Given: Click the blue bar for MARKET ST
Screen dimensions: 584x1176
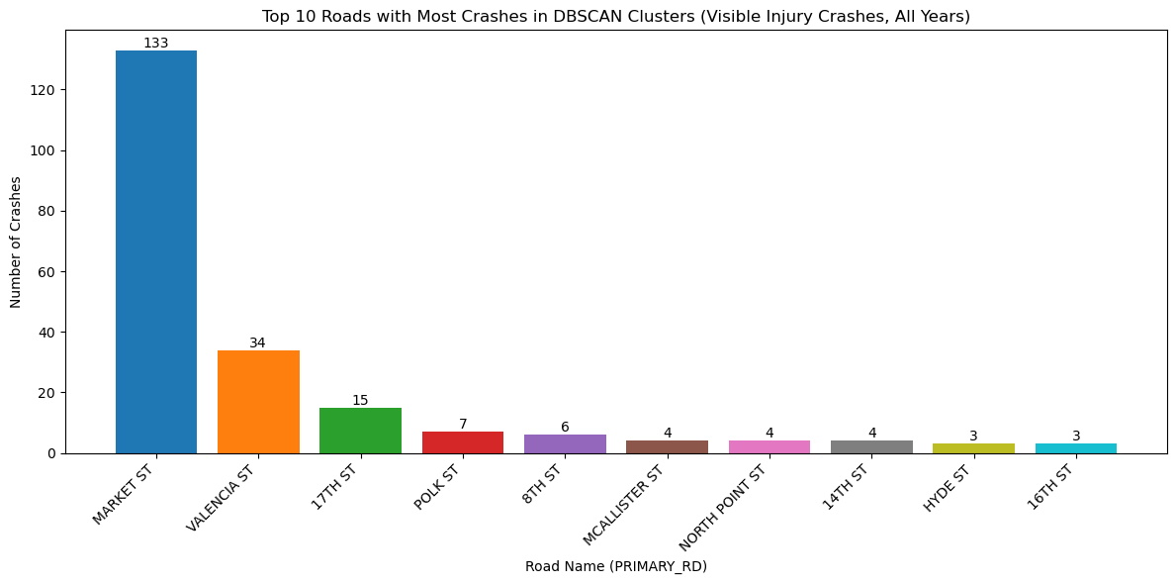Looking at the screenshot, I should point(156,251).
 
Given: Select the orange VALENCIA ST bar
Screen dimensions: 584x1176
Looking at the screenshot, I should point(258,401).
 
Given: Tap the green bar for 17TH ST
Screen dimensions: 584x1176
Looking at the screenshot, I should point(360,431).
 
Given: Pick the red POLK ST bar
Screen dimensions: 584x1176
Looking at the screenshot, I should point(463,442).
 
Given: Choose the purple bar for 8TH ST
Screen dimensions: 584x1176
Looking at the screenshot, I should point(565,443).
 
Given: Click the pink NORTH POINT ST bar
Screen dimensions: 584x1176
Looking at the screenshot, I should point(769,446).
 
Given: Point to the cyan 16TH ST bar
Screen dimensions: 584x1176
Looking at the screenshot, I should point(1076,448).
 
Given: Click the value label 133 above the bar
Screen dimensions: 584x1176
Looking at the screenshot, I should point(156,43).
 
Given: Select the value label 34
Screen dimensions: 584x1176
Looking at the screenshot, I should point(258,342).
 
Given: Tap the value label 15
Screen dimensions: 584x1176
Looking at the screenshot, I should point(360,400).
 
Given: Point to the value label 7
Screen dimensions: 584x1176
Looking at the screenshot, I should point(463,425).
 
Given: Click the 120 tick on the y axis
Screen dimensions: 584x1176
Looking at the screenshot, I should point(45,90).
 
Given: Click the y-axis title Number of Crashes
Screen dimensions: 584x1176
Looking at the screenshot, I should point(16,242).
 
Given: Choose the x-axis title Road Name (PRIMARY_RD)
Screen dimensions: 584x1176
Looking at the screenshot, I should point(615,566).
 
